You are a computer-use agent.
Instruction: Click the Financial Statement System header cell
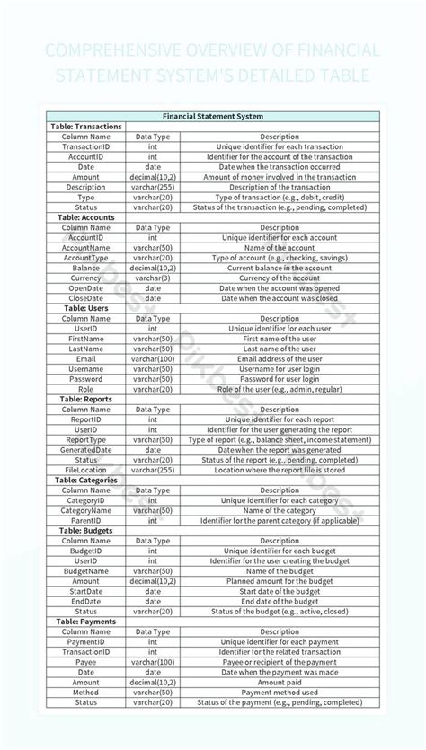pos(213,116)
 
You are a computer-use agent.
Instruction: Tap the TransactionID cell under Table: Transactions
pos(86,146)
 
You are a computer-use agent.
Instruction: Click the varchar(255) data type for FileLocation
pos(153,470)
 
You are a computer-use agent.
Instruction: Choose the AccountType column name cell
pos(86,258)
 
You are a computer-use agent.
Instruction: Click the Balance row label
pos(86,268)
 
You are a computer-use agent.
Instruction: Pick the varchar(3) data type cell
pos(153,278)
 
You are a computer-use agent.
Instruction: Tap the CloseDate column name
pos(86,298)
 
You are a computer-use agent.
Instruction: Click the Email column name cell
pos(86,358)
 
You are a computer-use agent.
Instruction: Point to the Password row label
pos(86,379)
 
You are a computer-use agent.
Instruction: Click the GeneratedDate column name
pos(86,450)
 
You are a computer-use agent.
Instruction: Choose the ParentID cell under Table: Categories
pos(86,520)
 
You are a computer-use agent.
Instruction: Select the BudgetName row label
pos(86,570)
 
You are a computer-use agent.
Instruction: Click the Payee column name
pos(86,662)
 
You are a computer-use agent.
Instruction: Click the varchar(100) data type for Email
pos(153,358)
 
